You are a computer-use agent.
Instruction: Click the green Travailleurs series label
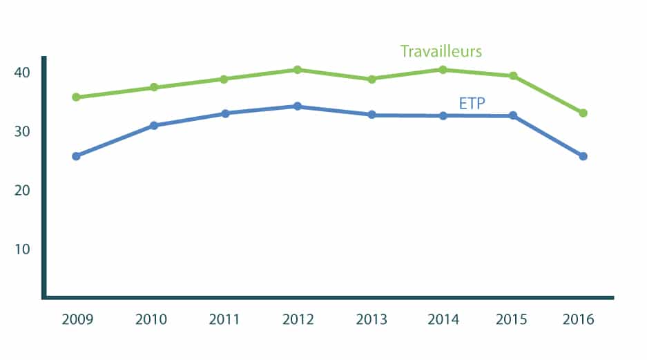tap(441, 51)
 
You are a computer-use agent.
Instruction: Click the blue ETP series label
tap(472, 103)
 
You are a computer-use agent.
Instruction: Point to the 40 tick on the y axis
tap(22, 73)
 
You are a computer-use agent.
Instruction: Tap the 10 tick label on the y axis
tap(22, 249)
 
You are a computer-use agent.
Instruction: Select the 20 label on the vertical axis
tap(22, 190)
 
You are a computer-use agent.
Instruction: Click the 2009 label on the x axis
tap(77, 319)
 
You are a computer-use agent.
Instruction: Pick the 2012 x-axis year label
tap(298, 319)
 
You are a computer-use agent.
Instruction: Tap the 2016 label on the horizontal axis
tap(578, 319)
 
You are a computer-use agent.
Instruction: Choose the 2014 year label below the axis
tap(443, 319)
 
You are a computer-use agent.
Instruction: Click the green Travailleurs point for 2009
tap(77, 97)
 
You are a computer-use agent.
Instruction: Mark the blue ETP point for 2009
tap(77, 156)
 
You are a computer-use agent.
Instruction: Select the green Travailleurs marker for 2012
tap(298, 69)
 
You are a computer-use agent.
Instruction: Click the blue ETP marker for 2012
tap(298, 106)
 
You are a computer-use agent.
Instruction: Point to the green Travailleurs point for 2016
tap(583, 113)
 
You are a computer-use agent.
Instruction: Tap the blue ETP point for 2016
tap(583, 156)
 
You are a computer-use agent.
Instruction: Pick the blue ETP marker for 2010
tap(153, 125)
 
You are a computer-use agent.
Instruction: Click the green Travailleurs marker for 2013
tap(371, 79)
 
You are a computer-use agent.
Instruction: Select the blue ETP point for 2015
tap(513, 115)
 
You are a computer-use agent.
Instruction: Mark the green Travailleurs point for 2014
tap(443, 69)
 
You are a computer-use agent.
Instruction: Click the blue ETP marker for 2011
tap(225, 113)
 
